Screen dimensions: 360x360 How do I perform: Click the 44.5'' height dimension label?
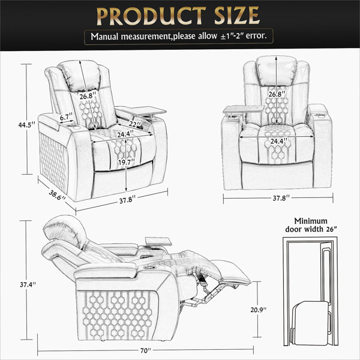click(x=27, y=125)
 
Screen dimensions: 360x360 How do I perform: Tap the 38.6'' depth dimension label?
click(x=57, y=195)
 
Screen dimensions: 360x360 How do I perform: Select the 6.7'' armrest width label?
click(x=66, y=117)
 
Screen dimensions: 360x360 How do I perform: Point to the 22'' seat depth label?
click(x=135, y=124)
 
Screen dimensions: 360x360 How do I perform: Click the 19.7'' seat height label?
click(x=127, y=163)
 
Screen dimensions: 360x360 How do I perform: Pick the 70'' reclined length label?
click(x=146, y=350)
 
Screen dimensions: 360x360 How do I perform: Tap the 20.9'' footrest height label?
click(x=258, y=310)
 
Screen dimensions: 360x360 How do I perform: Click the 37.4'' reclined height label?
click(x=28, y=284)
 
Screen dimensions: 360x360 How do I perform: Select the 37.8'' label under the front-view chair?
click(x=280, y=198)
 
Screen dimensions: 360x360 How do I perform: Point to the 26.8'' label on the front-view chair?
click(x=277, y=94)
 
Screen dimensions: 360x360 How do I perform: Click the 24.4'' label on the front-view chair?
click(x=278, y=141)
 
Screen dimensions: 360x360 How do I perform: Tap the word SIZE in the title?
click(x=237, y=16)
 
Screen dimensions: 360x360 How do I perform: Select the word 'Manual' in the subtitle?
click(x=104, y=36)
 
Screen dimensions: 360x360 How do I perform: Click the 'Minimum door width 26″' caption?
click(x=311, y=225)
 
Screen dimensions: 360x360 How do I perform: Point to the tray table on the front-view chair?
click(x=244, y=109)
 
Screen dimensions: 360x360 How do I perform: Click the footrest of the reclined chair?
click(x=234, y=272)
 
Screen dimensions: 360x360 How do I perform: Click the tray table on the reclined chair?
click(x=158, y=241)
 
